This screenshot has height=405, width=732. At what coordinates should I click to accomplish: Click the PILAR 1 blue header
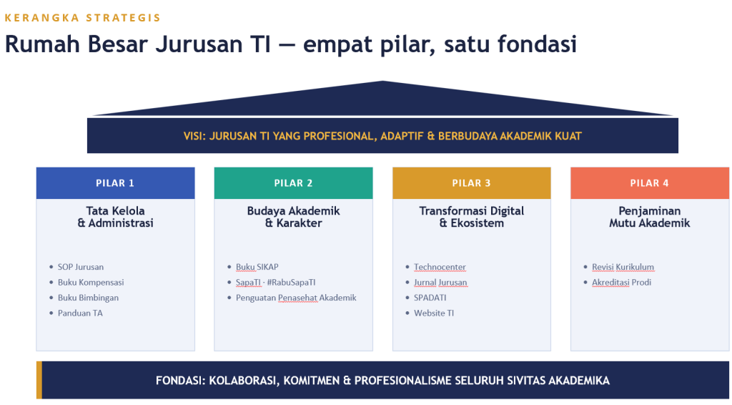pyautogui.click(x=115, y=183)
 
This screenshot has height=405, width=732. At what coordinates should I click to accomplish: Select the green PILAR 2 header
pyautogui.click(x=293, y=183)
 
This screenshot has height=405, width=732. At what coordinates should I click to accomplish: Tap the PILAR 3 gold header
pyautogui.click(x=472, y=183)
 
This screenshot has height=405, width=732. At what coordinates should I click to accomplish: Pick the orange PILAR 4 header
pyautogui.click(x=649, y=183)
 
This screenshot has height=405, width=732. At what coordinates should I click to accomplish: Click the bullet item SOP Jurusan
pyautogui.click(x=81, y=267)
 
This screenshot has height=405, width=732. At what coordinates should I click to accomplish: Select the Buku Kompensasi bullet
pyautogui.click(x=91, y=283)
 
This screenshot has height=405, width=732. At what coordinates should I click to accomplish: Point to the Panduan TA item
pyautogui.click(x=80, y=313)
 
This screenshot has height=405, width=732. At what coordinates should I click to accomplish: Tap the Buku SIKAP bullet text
pyautogui.click(x=257, y=267)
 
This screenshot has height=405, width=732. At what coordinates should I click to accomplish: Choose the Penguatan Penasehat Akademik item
pyautogui.click(x=296, y=298)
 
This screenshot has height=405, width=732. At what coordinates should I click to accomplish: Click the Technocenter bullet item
pyautogui.click(x=440, y=267)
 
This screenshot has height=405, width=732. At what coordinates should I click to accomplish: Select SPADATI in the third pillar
pyautogui.click(x=430, y=298)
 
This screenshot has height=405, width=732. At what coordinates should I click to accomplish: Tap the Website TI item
pyautogui.click(x=434, y=313)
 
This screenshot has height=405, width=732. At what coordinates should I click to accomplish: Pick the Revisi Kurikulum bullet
pyautogui.click(x=623, y=267)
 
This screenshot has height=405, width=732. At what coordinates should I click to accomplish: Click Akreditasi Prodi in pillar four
pyautogui.click(x=621, y=283)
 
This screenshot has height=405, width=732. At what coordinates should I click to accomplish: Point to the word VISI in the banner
pyautogui.click(x=194, y=137)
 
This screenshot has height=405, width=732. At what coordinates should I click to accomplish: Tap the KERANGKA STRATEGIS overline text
pyautogui.click(x=83, y=18)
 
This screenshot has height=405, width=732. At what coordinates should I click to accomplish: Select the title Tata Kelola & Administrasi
pyautogui.click(x=115, y=217)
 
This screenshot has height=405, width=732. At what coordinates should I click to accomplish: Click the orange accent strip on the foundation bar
pyautogui.click(x=39, y=380)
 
